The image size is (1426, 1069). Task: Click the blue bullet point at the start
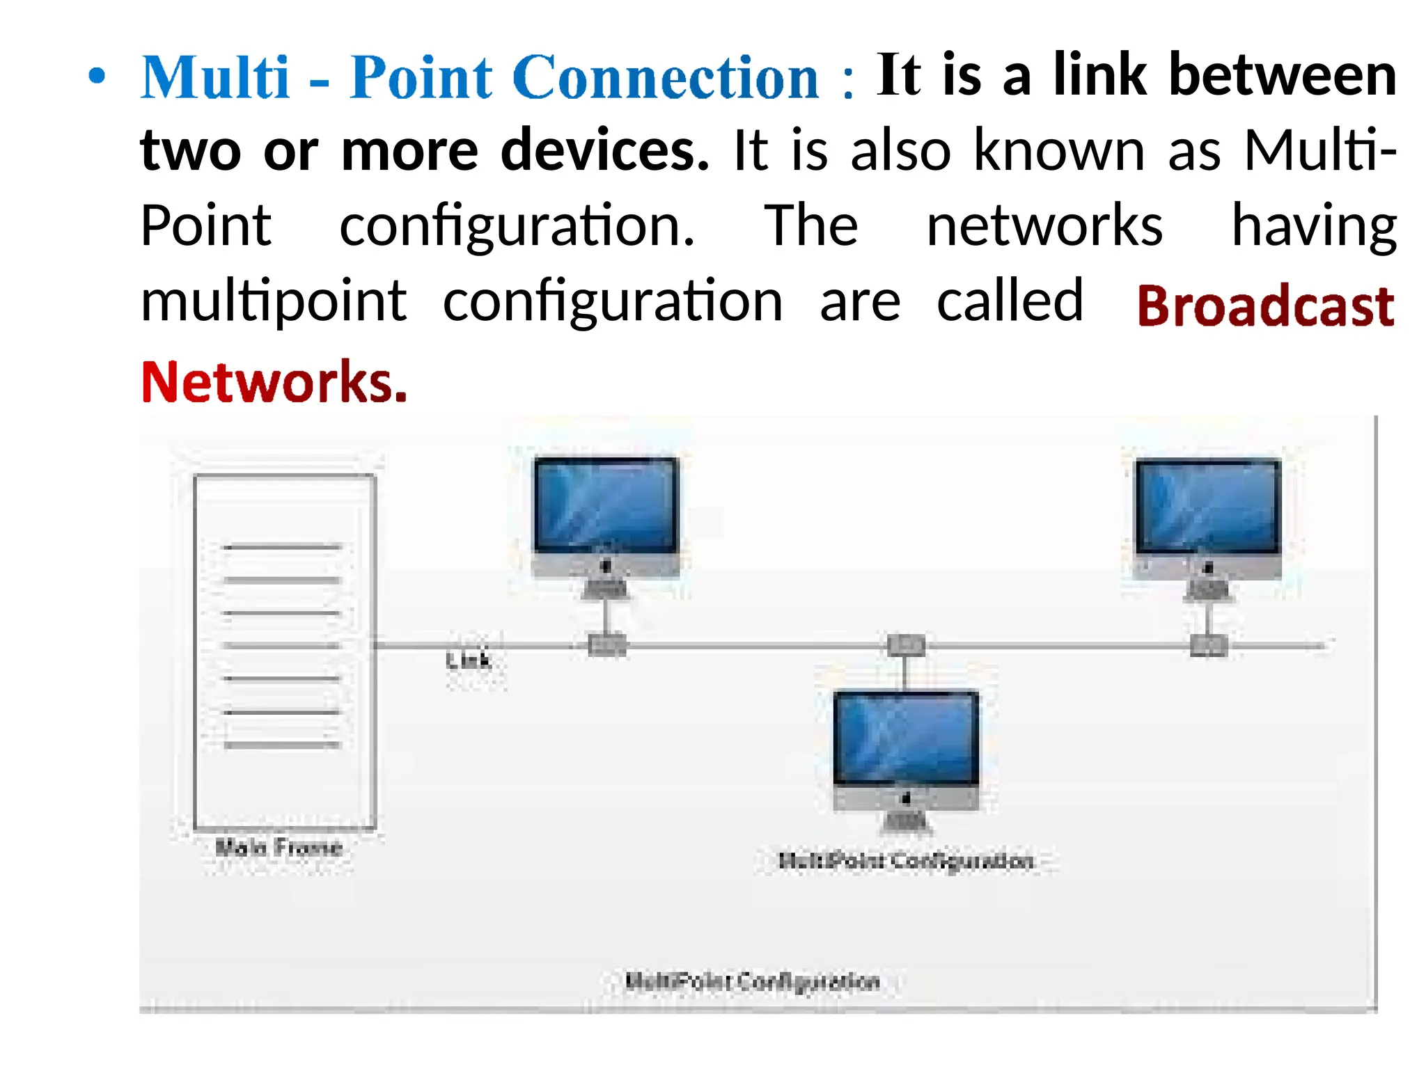(97, 77)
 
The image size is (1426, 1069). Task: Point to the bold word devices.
(604, 150)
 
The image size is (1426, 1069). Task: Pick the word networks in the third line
(1044, 225)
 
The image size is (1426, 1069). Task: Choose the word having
(1313, 227)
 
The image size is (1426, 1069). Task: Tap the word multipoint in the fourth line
(273, 302)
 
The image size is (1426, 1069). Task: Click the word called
(1010, 301)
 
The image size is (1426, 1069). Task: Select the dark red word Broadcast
(1265, 306)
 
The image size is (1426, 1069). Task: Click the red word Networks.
(273, 382)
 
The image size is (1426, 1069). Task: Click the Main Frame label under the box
(279, 847)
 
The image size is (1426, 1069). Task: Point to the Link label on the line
(469, 660)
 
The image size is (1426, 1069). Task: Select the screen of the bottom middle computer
(906, 738)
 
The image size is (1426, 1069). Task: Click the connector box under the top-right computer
(1207, 645)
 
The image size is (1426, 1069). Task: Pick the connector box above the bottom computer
(906, 645)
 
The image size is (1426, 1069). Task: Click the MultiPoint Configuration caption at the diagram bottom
(752, 981)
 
